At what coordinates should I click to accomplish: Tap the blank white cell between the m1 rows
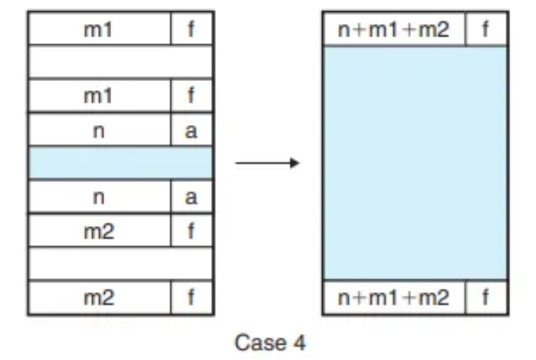click(120, 63)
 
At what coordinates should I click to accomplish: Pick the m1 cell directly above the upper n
click(98, 96)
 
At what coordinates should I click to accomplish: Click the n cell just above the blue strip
click(98, 129)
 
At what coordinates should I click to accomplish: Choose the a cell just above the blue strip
click(191, 129)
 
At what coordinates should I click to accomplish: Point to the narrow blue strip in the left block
click(120, 162)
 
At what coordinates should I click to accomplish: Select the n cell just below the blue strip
click(98, 197)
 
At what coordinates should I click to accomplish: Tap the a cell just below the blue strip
click(191, 197)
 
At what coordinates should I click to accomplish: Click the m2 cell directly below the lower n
click(98, 231)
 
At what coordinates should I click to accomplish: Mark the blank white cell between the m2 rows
click(120, 264)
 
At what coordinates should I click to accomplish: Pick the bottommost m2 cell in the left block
click(98, 297)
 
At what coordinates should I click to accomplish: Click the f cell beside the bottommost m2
click(191, 297)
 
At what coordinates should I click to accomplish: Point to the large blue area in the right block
click(415, 163)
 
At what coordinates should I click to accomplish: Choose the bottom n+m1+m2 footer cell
click(393, 297)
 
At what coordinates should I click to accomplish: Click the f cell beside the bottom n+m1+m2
click(485, 297)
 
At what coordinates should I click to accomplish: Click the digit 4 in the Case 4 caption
click(299, 342)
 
